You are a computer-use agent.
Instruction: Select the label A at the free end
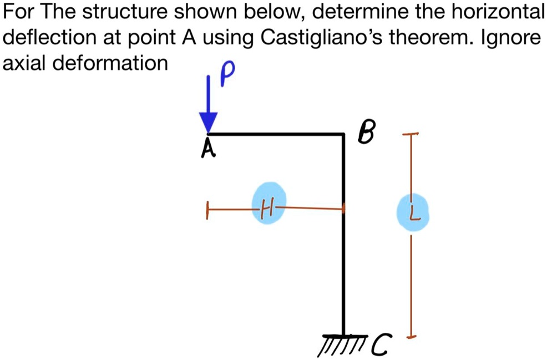[x=207, y=148]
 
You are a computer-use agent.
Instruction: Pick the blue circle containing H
[x=269, y=202]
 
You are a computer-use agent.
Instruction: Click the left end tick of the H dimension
[x=207, y=210]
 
